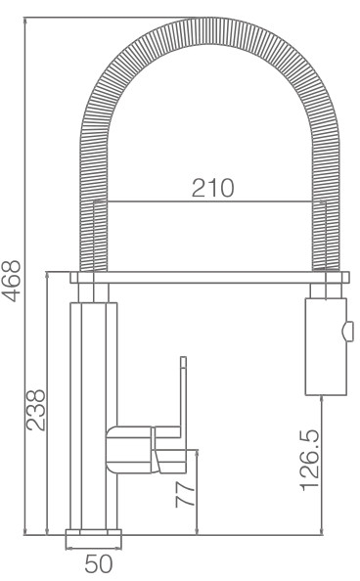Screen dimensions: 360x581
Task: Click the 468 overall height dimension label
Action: pyautogui.click(x=11, y=281)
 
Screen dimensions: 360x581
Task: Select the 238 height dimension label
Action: pyautogui.click(x=35, y=410)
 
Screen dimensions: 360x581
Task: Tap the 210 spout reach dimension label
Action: pyautogui.click(x=213, y=188)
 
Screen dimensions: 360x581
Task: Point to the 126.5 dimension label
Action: pyautogui.click(x=309, y=461)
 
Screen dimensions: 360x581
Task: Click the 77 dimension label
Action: pyautogui.click(x=185, y=494)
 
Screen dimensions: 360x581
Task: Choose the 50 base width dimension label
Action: pyautogui.click(x=98, y=563)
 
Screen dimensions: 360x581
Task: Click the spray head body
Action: pyautogui.click(x=326, y=346)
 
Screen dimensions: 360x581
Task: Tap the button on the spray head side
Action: pyautogui.click(x=348, y=332)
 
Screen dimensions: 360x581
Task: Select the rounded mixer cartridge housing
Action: pyautogui.click(x=129, y=450)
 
